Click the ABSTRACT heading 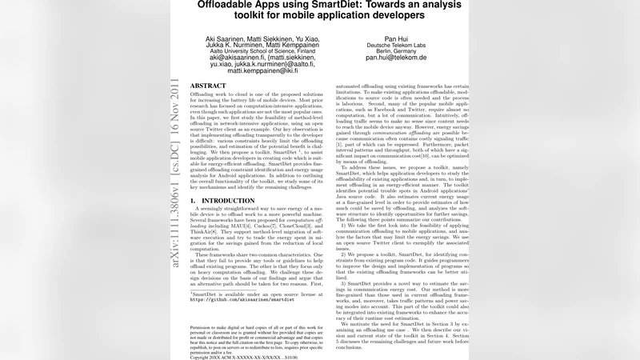click(x=208, y=86)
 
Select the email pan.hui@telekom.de click(x=396, y=58)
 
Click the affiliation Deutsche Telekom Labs click(x=396, y=44)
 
